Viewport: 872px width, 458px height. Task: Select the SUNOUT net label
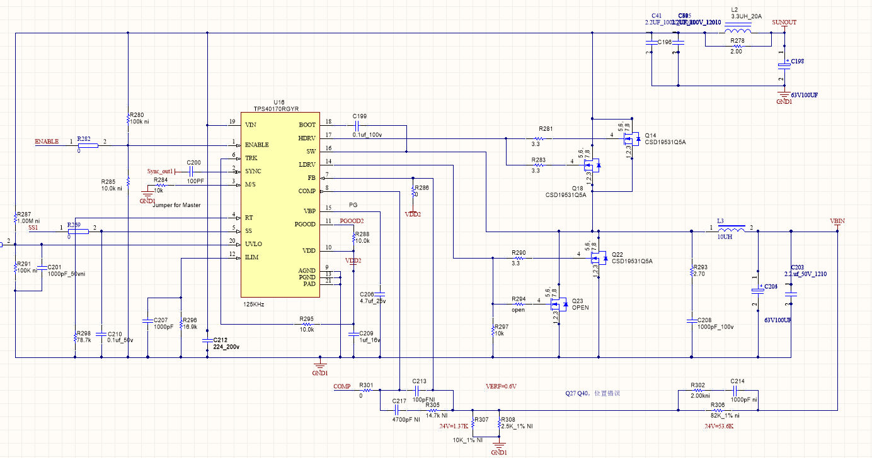pyautogui.click(x=784, y=23)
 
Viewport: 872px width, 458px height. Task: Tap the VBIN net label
pyautogui.click(x=838, y=221)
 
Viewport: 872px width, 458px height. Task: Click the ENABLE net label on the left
pyautogui.click(x=47, y=142)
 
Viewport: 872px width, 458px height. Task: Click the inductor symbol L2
pyautogui.click(x=738, y=33)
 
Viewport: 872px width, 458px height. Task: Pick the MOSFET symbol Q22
pyautogui.click(x=597, y=257)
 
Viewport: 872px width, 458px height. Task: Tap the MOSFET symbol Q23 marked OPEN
pyautogui.click(x=558, y=304)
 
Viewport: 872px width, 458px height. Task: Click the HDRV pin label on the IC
pyautogui.click(x=307, y=138)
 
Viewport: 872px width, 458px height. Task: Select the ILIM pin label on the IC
pyautogui.click(x=252, y=257)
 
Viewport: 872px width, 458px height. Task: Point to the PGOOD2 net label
pyautogui.click(x=352, y=221)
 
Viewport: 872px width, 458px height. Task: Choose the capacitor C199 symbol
pyautogui.click(x=360, y=125)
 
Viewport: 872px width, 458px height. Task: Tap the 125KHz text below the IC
pyautogui.click(x=253, y=304)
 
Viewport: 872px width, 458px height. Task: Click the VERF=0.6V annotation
pyautogui.click(x=502, y=386)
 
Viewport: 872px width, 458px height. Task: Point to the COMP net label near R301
pyautogui.click(x=342, y=386)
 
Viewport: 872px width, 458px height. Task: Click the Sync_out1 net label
pyautogui.click(x=160, y=171)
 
